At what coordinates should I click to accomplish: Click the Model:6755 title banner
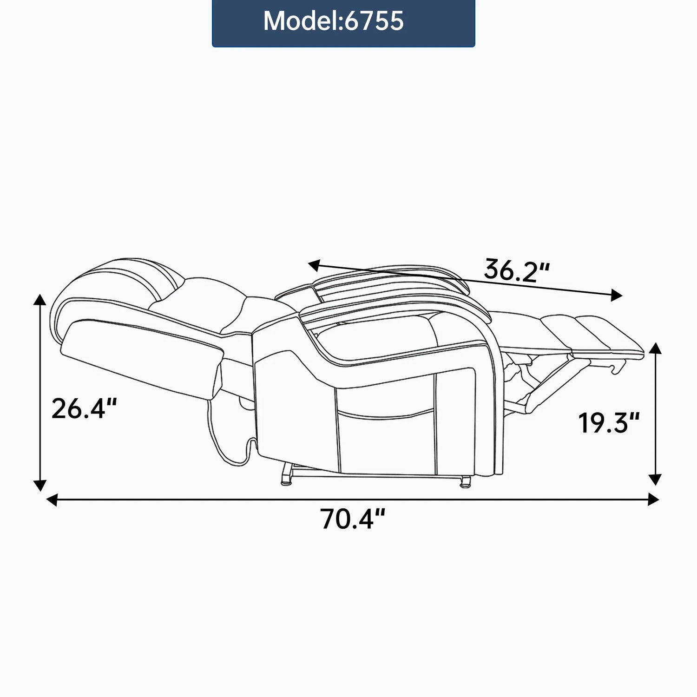343,23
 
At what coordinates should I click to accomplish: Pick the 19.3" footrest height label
609,423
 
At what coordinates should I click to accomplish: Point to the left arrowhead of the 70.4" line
52,500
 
